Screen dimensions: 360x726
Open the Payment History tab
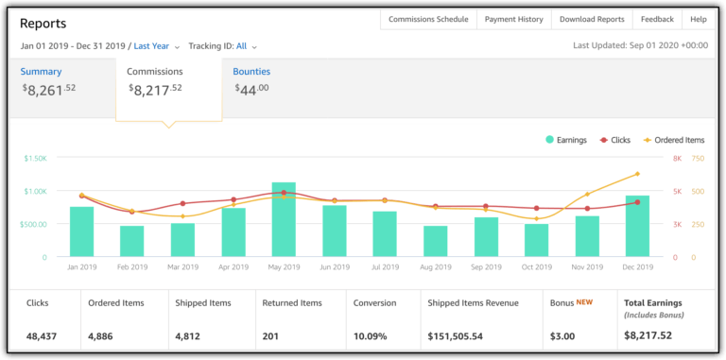[x=513, y=19]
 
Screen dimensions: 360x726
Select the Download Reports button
[x=592, y=19]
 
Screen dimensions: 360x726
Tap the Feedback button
[x=657, y=19]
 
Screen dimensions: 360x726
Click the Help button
[x=699, y=19]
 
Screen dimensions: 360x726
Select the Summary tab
[x=43, y=72]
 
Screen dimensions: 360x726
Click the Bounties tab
[x=251, y=72]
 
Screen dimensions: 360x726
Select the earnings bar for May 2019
[x=284, y=220]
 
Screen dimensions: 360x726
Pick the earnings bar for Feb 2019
[x=132, y=241]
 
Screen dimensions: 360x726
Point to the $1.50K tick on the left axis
[x=34, y=159]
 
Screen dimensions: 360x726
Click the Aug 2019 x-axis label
[x=435, y=267]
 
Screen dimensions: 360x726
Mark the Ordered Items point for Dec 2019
[x=637, y=174]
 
